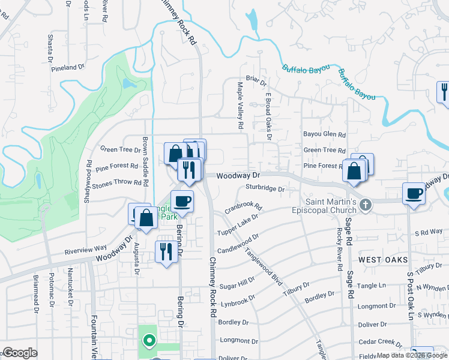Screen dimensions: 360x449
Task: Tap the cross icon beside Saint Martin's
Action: (366, 206)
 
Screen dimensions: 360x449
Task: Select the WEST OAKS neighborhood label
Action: (384, 259)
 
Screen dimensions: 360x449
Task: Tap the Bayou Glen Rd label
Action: (324, 135)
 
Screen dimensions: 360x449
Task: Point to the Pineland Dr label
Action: (68, 68)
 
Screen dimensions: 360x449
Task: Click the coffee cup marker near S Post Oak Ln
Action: (414, 194)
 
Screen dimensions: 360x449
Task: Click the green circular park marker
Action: (148, 341)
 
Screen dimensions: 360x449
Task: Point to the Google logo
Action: (19, 353)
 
